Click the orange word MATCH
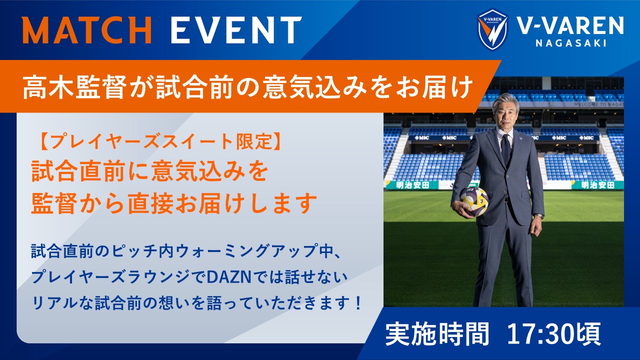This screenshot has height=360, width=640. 87,29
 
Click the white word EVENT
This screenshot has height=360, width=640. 236,29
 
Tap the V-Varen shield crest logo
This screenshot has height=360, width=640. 492,29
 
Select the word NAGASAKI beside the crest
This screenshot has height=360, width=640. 571,43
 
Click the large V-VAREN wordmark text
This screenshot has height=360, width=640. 570,25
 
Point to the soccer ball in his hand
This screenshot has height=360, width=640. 474,201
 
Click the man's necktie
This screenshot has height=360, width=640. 505,150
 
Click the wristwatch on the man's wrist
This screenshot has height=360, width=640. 539,215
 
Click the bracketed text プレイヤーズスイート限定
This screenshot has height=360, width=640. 161,141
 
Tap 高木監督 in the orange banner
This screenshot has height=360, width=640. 74,87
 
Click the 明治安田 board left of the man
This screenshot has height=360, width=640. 412,185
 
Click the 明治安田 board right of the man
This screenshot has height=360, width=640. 597,185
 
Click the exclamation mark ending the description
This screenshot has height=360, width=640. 357,303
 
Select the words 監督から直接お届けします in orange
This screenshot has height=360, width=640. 174,203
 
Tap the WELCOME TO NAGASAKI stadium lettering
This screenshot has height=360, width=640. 598,104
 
